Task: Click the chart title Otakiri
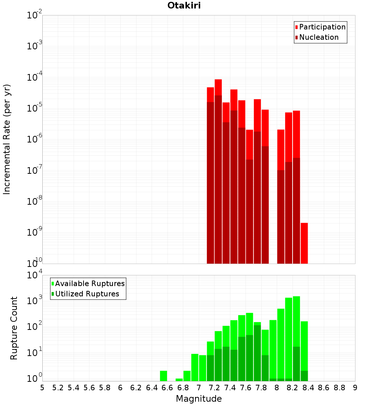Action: point(184,6)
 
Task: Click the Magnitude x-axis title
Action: point(199,399)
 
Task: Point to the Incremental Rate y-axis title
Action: point(7,140)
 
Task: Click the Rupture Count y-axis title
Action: point(14,328)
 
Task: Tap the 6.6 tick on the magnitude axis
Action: point(167,388)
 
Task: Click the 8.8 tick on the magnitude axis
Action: point(339,388)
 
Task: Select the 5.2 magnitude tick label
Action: point(58,388)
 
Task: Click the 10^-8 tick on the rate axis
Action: point(35,202)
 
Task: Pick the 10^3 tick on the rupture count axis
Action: point(35,300)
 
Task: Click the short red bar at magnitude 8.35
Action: point(304,243)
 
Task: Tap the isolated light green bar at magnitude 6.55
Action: point(164,376)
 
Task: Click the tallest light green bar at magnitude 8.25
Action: point(297,320)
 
